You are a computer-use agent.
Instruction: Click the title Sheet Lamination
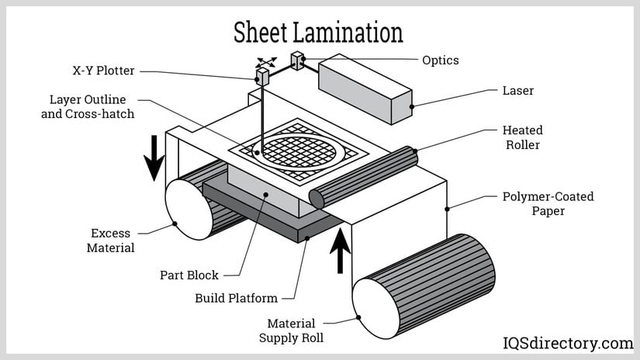(x=319, y=33)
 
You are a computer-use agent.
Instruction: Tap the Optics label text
(x=441, y=60)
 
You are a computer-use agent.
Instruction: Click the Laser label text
(x=518, y=91)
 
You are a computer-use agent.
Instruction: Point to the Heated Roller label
(x=523, y=137)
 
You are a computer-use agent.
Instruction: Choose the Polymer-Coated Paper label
(x=548, y=203)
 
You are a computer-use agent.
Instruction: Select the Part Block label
(x=189, y=275)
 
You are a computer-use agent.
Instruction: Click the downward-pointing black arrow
(x=155, y=157)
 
